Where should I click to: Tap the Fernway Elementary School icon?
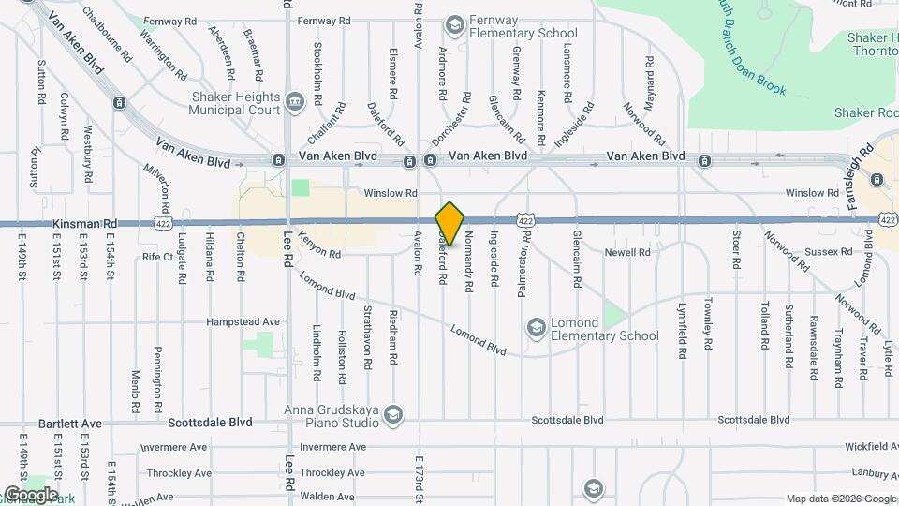[455, 24]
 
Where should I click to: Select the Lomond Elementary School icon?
[537, 327]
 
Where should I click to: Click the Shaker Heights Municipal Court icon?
[295, 101]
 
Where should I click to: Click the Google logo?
[30, 494]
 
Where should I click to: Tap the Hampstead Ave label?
[243, 321]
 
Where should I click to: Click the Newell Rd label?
[626, 252]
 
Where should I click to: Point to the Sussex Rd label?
[832, 252]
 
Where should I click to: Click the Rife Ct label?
[158, 256]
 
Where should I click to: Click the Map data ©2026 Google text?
[841, 499]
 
